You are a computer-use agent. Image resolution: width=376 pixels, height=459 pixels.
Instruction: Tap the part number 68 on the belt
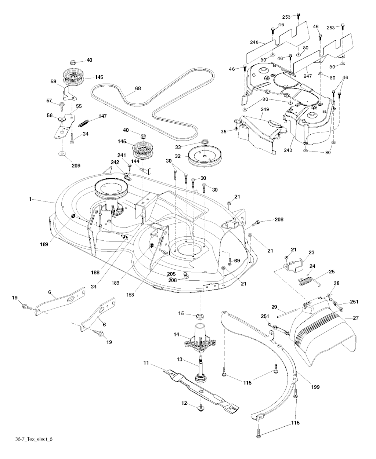(x=138, y=88)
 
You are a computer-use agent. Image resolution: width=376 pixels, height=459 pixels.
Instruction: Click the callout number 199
(x=315, y=387)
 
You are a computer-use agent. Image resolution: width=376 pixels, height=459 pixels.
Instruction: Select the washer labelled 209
(x=62, y=153)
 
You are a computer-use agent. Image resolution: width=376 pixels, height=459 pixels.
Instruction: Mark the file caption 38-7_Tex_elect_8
(x=37, y=439)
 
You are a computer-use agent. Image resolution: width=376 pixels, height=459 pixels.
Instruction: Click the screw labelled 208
(x=258, y=222)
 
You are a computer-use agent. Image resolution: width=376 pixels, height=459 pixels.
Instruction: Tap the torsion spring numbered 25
(x=307, y=282)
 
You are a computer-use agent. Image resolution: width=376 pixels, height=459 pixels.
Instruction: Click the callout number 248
(x=255, y=43)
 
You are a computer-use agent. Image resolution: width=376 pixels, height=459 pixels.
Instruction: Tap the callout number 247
(x=308, y=77)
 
